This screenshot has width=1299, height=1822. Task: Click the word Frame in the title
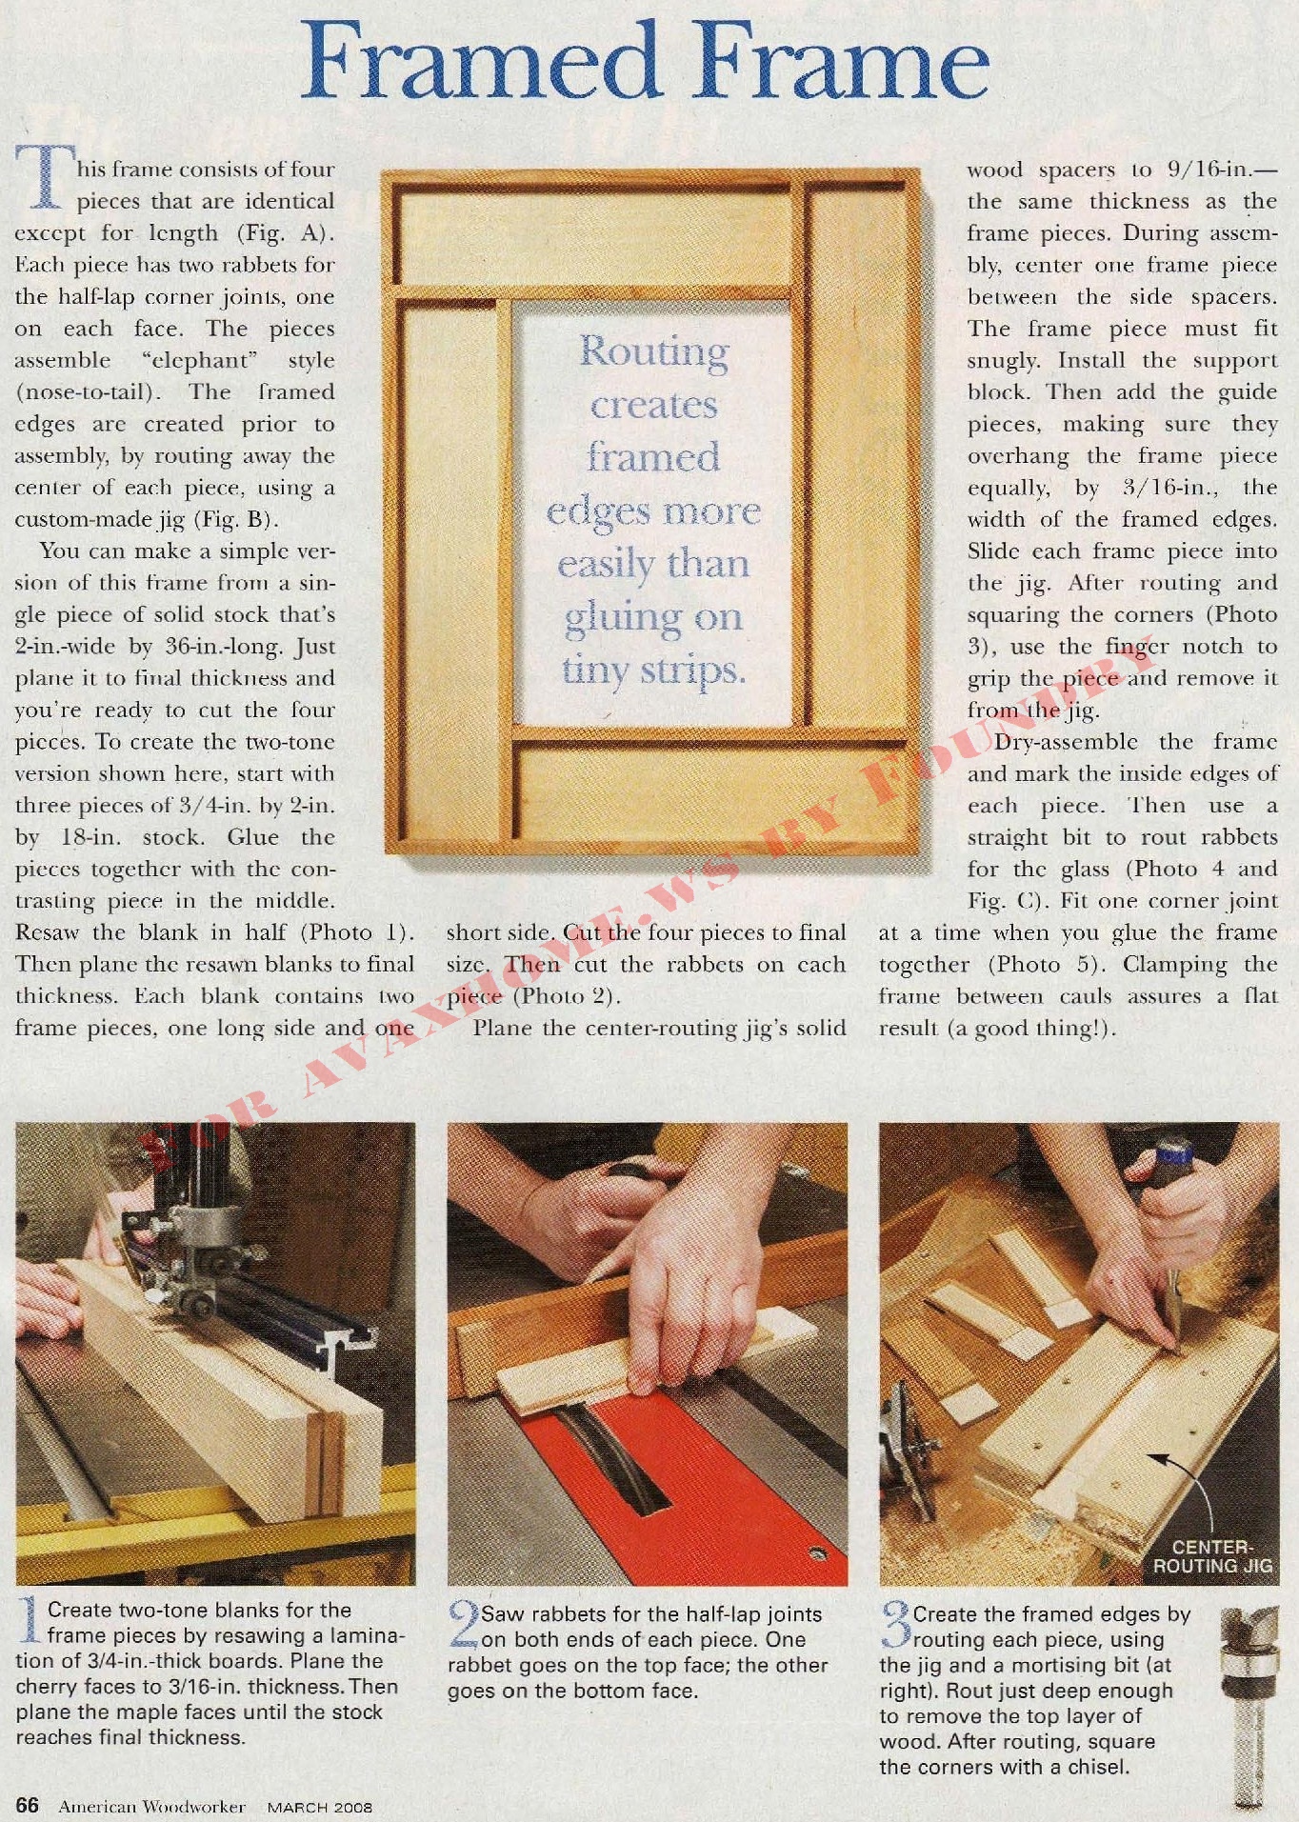(843, 62)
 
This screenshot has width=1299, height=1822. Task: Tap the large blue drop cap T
(43, 177)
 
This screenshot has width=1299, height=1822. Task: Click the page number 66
(28, 1805)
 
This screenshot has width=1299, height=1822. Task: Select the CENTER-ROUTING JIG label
(1212, 1557)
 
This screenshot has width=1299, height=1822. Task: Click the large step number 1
(30, 1621)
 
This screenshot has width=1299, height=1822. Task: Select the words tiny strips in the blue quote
(653, 671)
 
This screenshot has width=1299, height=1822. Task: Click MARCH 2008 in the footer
(319, 1807)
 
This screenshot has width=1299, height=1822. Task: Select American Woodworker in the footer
(152, 1806)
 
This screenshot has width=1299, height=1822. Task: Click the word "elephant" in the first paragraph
(200, 360)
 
